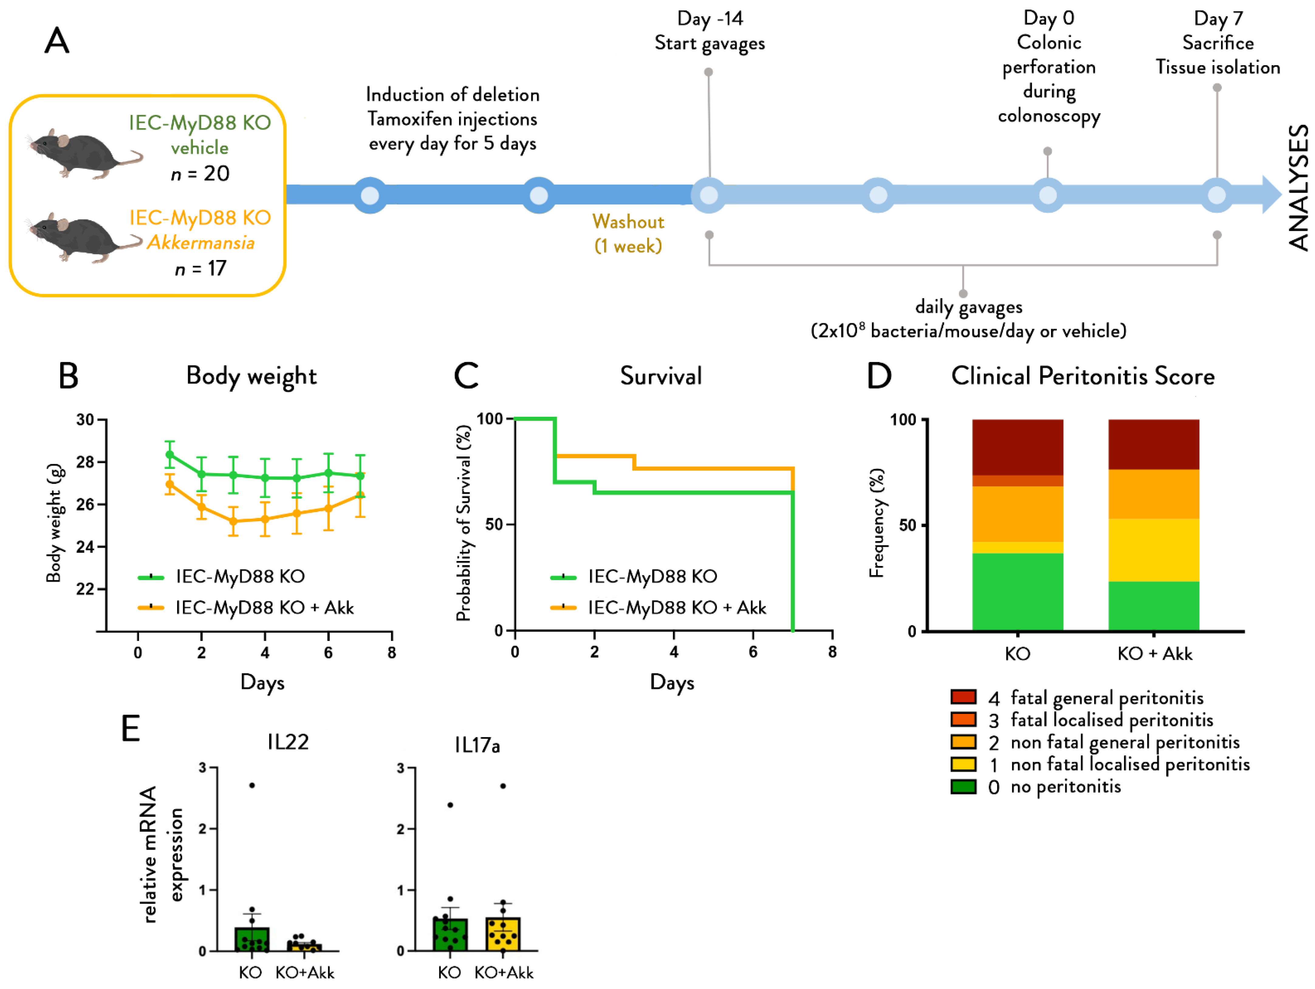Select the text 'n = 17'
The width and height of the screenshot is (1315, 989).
[x=200, y=269]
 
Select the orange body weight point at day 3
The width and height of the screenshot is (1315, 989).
[x=233, y=521]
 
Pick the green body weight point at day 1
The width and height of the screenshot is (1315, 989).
[x=170, y=455]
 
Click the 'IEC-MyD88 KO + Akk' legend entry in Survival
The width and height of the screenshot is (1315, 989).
[x=676, y=607]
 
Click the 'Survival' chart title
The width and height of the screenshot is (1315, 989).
[x=660, y=376]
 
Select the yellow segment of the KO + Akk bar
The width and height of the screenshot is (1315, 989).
[x=1153, y=550]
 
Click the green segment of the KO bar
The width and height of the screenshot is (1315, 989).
[x=1017, y=591]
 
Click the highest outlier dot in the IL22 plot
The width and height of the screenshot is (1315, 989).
[x=252, y=785]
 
